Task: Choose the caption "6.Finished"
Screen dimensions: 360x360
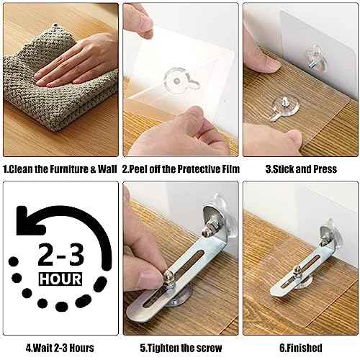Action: click(298, 348)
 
